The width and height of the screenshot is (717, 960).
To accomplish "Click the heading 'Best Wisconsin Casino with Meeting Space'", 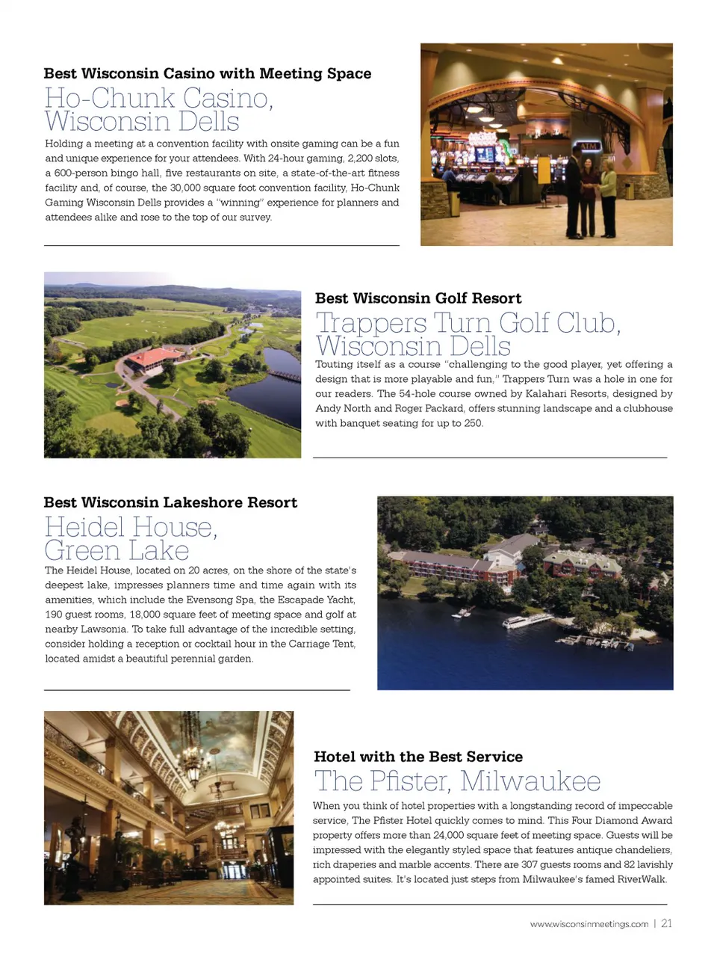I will point(207,73).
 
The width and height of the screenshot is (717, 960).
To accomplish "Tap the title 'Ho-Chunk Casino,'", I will point(158,98).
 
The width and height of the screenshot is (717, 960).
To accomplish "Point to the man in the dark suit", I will point(574,191).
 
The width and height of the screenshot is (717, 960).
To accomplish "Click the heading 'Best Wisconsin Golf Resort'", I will point(418,298).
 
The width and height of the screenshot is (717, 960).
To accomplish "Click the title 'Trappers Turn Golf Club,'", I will point(468,323).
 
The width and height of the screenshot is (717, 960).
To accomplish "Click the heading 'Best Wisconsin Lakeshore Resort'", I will point(170,502).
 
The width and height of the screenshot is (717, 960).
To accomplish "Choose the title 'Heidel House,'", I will point(131,527).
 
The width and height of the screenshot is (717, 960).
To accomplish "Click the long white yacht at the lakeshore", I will point(527,621).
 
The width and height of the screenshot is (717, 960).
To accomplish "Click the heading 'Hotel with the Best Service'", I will point(418,757).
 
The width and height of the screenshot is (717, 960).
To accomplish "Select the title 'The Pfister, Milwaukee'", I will point(457,781).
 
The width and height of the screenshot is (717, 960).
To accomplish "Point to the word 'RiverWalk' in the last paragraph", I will point(641,879).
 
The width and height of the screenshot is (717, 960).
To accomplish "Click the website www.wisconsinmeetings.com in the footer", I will point(589,924).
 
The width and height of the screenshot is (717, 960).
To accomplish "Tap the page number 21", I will point(666,923).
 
